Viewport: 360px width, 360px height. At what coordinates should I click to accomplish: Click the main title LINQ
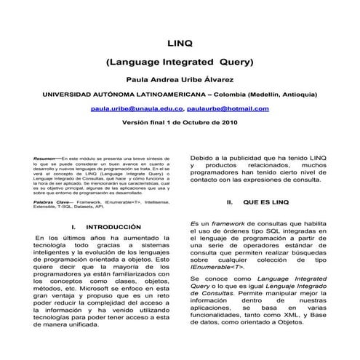(x=180, y=43)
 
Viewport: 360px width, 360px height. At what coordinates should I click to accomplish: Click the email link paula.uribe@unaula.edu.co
(x=137, y=108)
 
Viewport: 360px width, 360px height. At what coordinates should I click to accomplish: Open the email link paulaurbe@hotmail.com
(x=228, y=108)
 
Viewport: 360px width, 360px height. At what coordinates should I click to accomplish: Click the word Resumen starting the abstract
(x=45, y=158)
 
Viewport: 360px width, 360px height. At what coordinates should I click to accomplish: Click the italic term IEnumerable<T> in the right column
(x=215, y=270)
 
